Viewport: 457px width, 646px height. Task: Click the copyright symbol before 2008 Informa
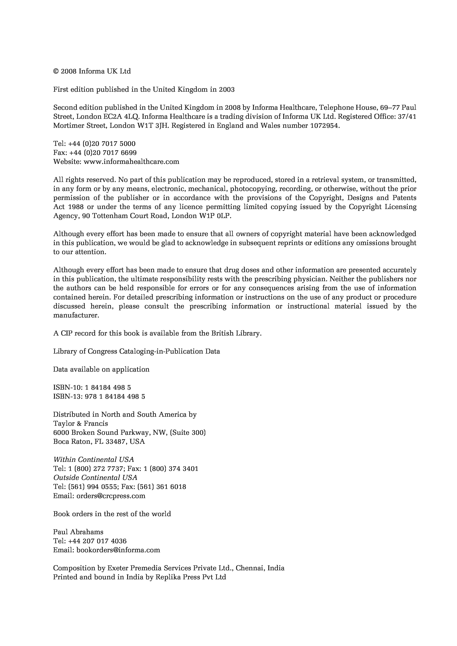56,71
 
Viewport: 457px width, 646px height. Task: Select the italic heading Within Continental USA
93,459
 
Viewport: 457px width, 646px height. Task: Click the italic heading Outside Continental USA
95,478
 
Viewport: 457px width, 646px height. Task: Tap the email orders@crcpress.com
111,496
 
